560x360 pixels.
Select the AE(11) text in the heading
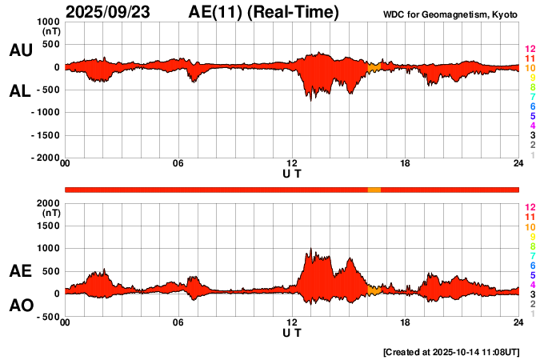tap(218, 12)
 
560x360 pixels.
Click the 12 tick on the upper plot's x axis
tap(292, 163)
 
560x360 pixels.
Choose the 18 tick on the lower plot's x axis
tap(406, 322)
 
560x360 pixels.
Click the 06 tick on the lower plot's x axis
tap(178, 322)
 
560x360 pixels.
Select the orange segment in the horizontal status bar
tap(374, 189)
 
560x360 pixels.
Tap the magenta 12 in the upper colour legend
tap(530, 50)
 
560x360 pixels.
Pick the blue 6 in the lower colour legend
tap(531, 265)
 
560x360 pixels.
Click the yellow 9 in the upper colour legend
tap(531, 78)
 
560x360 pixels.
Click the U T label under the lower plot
tap(292, 332)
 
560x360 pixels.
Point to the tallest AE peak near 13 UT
tap(310, 250)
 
